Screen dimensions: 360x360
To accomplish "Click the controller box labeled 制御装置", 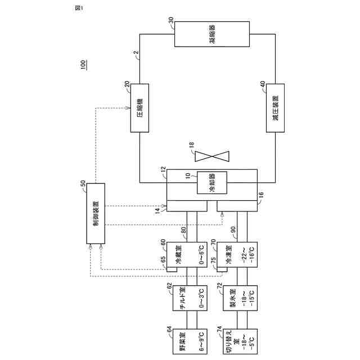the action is tap(96, 214).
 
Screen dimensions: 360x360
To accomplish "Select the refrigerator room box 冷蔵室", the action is tap(183, 256).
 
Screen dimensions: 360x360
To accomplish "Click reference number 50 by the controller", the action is tap(83, 184).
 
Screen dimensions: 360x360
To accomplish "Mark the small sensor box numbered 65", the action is tap(172, 268).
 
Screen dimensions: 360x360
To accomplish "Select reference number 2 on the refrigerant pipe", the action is tap(136, 55).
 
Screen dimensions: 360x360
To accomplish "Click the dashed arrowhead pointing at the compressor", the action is tap(129, 108).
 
